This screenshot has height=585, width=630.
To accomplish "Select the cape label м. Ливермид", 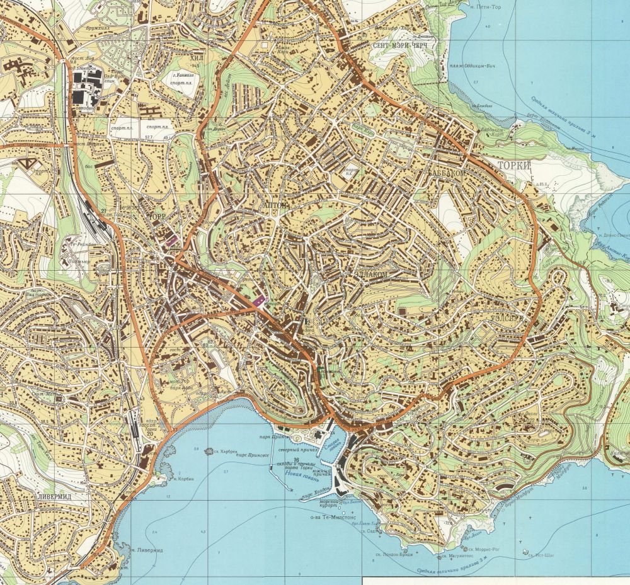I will pyautogui.click(x=147, y=549).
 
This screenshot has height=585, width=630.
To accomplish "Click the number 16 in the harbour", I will pyautogui.click(x=295, y=460).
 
